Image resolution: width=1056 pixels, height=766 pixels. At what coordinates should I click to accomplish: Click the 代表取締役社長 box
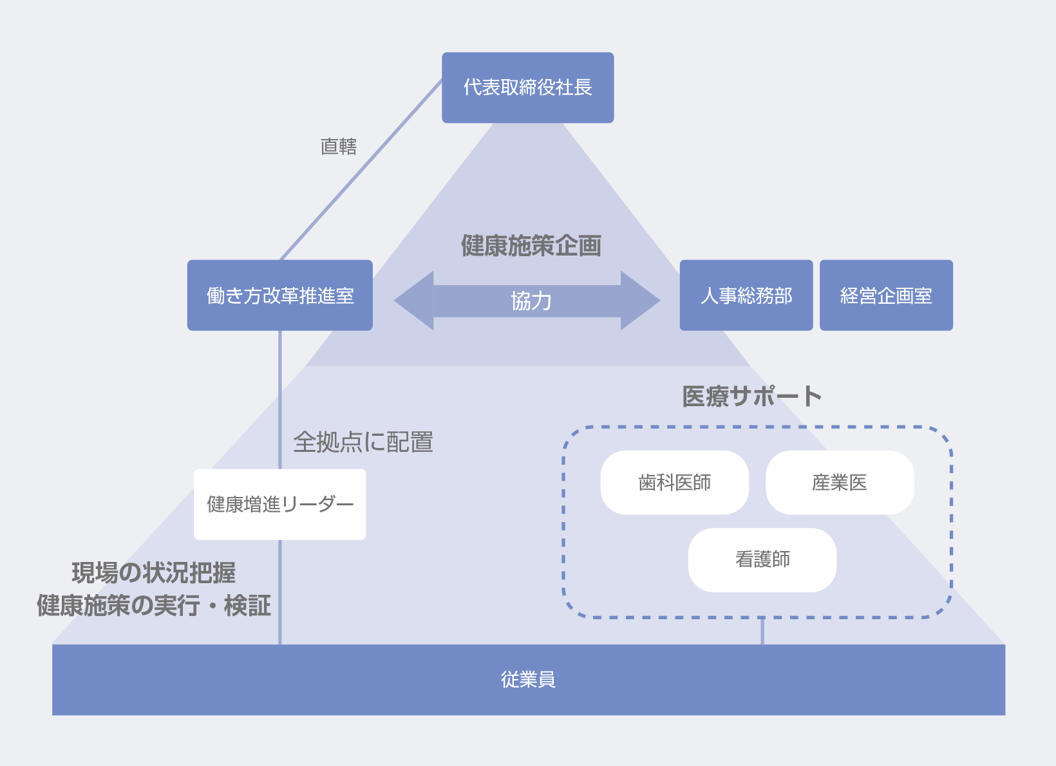click(x=527, y=88)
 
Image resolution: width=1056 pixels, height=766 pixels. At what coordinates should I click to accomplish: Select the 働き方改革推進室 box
click(x=279, y=295)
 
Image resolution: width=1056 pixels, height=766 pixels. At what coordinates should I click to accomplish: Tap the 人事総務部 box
click(x=746, y=295)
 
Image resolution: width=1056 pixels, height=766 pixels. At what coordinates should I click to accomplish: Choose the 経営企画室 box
click(x=886, y=295)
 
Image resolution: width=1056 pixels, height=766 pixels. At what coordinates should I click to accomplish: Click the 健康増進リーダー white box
click(x=279, y=504)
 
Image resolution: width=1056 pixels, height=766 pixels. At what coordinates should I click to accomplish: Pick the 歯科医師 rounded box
click(x=674, y=482)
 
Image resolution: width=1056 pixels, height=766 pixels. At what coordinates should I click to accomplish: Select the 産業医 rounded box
click(x=840, y=482)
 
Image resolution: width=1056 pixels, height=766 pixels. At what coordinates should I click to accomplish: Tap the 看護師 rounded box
click(x=762, y=559)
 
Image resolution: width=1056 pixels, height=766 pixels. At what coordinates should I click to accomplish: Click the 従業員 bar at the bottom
click(x=528, y=680)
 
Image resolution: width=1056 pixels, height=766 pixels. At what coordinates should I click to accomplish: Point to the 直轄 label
click(x=339, y=147)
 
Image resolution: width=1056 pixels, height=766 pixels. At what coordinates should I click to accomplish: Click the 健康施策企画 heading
click(x=531, y=246)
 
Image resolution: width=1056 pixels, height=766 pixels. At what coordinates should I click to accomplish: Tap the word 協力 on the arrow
click(x=531, y=301)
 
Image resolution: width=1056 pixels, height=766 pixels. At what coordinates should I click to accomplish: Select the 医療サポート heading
click(x=751, y=397)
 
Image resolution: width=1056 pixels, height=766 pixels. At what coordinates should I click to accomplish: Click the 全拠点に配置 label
click(x=363, y=442)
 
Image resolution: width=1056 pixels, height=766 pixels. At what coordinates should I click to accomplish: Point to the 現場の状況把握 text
click(x=154, y=572)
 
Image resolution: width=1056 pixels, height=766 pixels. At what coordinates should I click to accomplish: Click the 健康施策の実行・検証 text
click(x=154, y=606)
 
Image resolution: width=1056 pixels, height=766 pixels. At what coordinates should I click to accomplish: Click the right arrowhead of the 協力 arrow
click(x=640, y=301)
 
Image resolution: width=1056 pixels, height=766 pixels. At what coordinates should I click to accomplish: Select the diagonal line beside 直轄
click(x=361, y=170)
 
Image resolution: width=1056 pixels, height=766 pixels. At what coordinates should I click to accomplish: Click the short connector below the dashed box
click(x=762, y=631)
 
